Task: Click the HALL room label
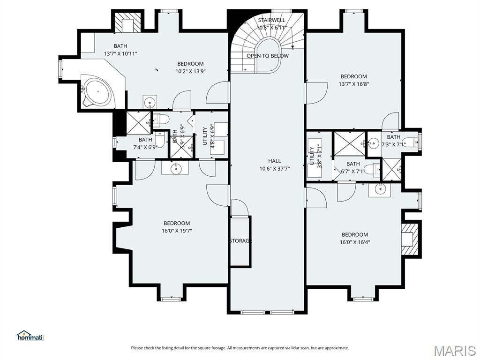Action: pos(274,161)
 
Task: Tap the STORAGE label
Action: pos(240,240)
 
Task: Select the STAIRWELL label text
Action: pos(271,20)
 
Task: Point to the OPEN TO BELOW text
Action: pos(268,56)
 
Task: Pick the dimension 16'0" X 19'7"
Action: pos(177,231)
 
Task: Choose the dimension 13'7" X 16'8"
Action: pos(353,84)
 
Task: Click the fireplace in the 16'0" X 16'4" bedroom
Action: pos(409,239)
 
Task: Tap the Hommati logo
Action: pos(30,336)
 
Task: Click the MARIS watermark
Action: pos(454,350)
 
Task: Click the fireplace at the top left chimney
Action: pos(127,23)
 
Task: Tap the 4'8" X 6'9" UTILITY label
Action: pos(205,136)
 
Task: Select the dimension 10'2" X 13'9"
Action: pos(190,71)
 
